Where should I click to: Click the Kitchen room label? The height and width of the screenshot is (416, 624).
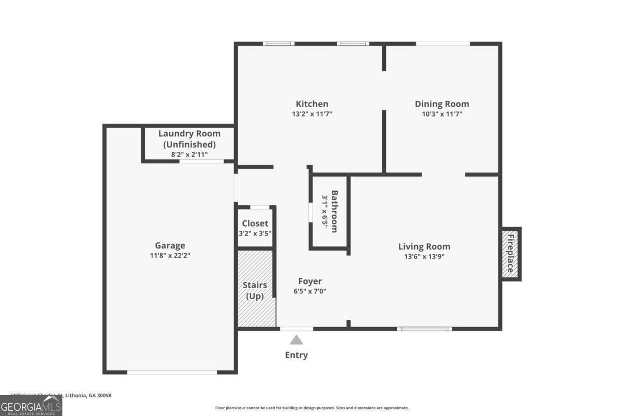pyautogui.click(x=312, y=104)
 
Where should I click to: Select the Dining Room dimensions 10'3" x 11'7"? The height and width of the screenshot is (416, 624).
pyautogui.click(x=441, y=114)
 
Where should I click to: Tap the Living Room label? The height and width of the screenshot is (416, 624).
pyautogui.click(x=424, y=246)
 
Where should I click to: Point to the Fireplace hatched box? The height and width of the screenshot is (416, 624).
pyautogui.click(x=511, y=254)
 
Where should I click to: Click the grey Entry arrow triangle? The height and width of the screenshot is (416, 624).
pyautogui.click(x=296, y=340)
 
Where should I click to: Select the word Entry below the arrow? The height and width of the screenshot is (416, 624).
pyautogui.click(x=296, y=355)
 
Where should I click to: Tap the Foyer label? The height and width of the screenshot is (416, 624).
pyautogui.click(x=310, y=281)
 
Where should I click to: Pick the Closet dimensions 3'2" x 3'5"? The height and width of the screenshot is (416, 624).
pyautogui.click(x=255, y=233)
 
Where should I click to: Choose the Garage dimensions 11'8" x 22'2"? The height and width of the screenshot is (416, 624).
pyautogui.click(x=170, y=256)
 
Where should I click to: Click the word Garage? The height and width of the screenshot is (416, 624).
pyautogui.click(x=170, y=245)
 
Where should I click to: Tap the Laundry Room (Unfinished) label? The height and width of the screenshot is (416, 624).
pyautogui.click(x=189, y=139)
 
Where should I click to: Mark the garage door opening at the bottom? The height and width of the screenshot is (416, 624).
pyautogui.click(x=172, y=372)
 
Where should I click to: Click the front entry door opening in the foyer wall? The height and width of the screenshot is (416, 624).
pyautogui.click(x=296, y=329)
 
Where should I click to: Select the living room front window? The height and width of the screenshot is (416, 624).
pyautogui.click(x=424, y=329)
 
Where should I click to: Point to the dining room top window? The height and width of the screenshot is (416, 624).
pyautogui.click(x=443, y=44)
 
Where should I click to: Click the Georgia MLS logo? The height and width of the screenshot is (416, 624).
pyautogui.click(x=31, y=406)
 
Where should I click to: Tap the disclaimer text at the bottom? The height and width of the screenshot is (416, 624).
pyautogui.click(x=312, y=408)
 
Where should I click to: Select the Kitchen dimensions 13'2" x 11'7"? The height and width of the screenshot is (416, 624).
pyautogui.click(x=312, y=114)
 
